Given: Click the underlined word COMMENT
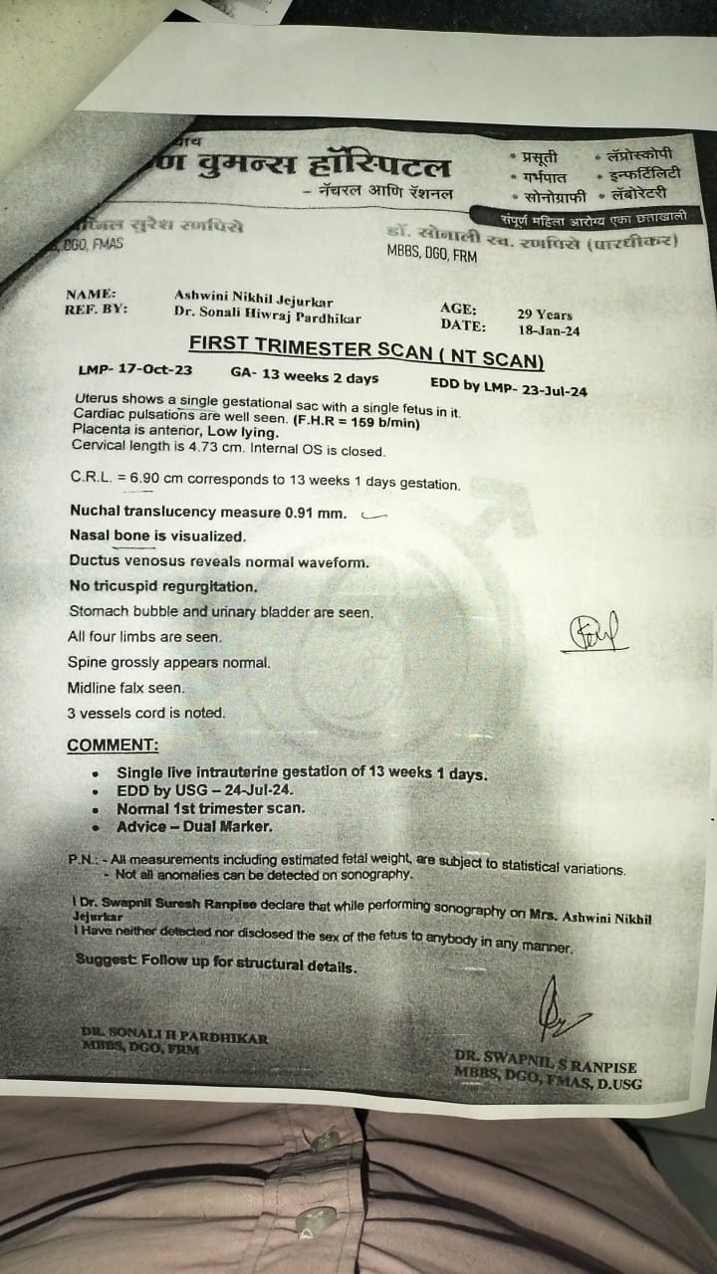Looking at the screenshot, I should tap(113, 745).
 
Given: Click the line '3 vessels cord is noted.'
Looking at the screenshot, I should tap(146, 713).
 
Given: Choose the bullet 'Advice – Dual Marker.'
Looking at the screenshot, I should tap(195, 827).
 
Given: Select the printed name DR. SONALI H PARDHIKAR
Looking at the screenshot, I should tap(175, 1038).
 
